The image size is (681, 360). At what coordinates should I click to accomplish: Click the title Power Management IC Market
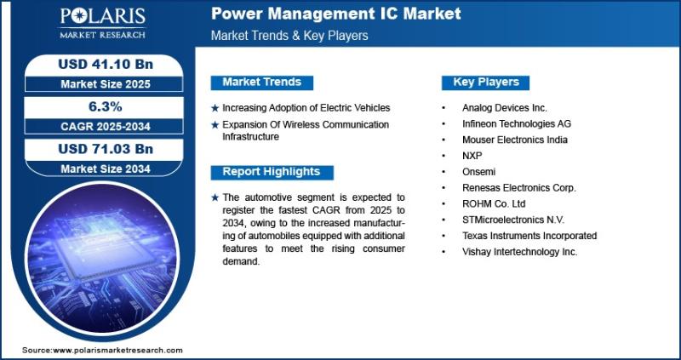click(x=336, y=14)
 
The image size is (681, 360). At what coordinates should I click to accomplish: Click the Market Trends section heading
click(x=261, y=82)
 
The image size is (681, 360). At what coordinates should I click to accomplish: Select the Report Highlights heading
click(x=272, y=172)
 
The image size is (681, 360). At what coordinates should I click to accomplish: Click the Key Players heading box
click(x=485, y=82)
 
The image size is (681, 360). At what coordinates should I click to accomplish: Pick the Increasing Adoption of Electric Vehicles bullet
click(x=306, y=108)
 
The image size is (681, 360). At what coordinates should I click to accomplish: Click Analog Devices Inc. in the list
click(x=504, y=108)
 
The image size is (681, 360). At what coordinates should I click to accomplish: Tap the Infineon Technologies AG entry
click(x=516, y=123)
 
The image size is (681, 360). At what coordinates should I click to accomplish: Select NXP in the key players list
click(x=472, y=156)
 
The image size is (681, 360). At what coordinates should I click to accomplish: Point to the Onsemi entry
click(x=478, y=171)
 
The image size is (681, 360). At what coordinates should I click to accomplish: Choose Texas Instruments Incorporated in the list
click(x=529, y=236)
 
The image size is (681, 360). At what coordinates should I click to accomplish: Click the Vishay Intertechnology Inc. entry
click(x=519, y=252)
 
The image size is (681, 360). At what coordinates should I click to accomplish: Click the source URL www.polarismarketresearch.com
click(x=117, y=350)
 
